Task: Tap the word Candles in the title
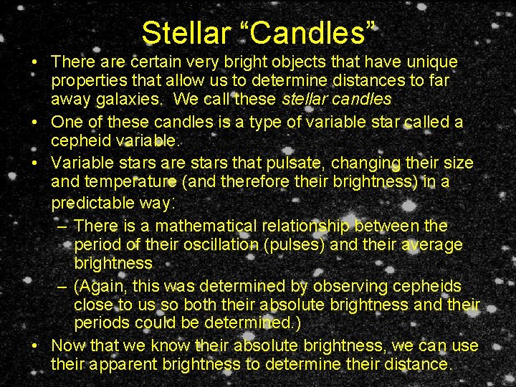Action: (309, 32)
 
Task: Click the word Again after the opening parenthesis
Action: (100, 287)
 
